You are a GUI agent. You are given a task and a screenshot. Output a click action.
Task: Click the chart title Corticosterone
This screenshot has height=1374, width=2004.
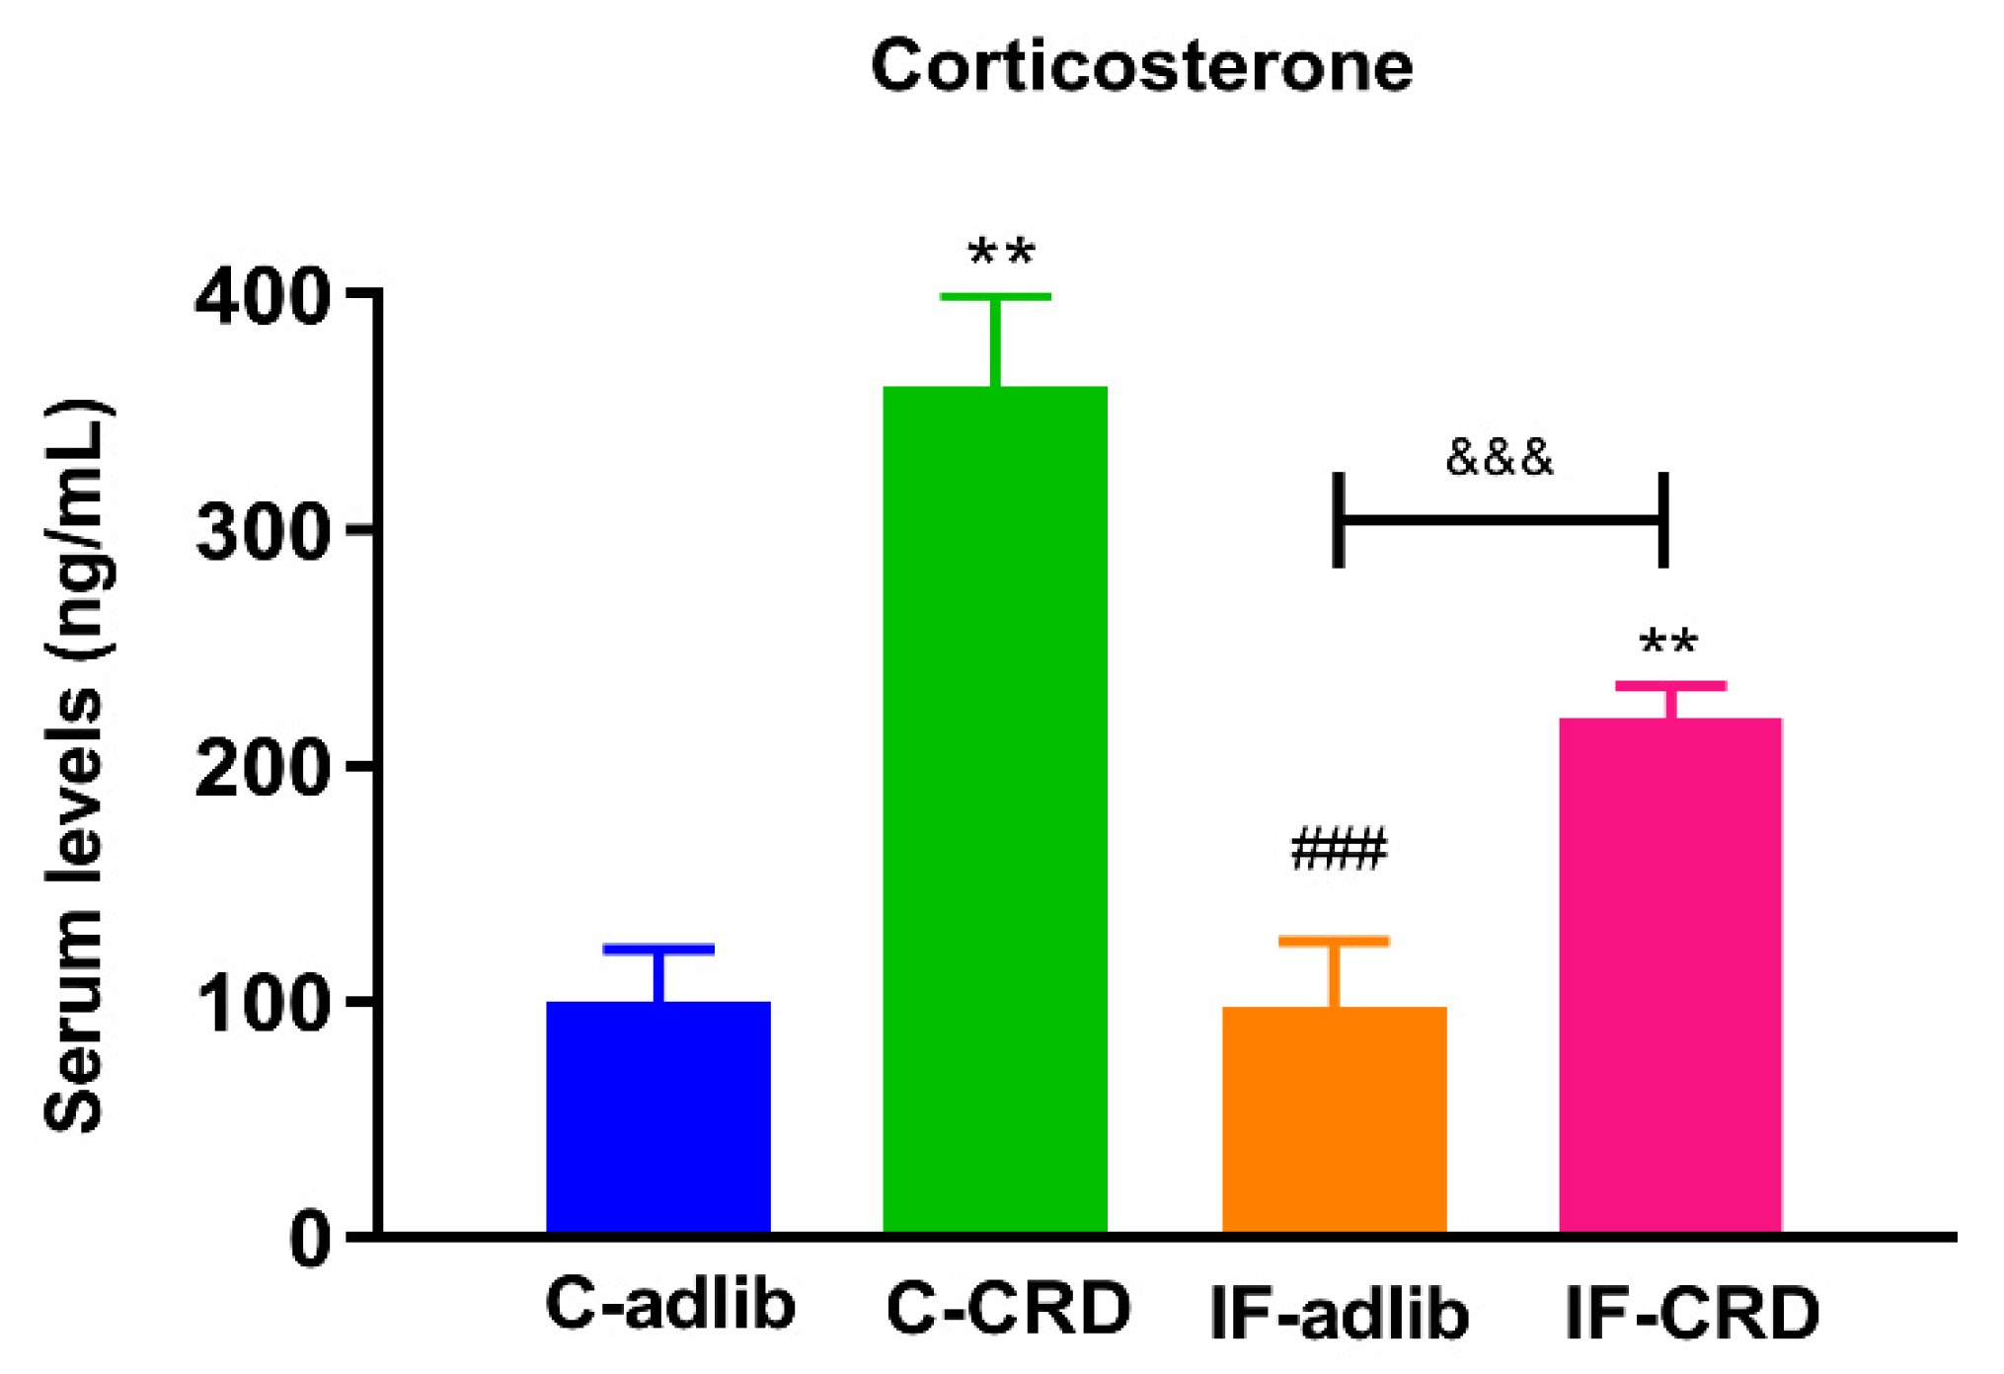[x=1141, y=66]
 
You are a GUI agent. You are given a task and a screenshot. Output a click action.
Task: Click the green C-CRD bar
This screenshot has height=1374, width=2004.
[x=995, y=809]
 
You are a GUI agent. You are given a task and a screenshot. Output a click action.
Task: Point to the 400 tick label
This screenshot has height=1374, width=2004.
[x=261, y=297]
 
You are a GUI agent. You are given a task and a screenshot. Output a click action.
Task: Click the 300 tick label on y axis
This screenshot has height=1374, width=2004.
[x=261, y=534]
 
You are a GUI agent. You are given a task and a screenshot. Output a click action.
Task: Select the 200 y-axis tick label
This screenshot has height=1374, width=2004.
[x=261, y=769]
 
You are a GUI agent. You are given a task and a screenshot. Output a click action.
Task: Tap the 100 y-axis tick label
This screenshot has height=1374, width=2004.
[x=261, y=1005]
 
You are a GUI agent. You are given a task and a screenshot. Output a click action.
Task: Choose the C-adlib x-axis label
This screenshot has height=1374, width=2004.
[x=669, y=1305]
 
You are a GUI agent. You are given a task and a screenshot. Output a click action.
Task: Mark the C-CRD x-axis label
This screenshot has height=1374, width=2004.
[x=1008, y=1309]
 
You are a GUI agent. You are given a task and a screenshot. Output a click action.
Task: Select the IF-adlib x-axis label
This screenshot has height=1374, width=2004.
[x=1339, y=1313]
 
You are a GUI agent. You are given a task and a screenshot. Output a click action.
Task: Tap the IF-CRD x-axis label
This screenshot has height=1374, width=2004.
[x=1692, y=1313]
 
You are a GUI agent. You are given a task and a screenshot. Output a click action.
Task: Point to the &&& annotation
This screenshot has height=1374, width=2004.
[x=1499, y=458]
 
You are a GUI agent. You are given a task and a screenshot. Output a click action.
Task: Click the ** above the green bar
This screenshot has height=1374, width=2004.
[x=1001, y=252]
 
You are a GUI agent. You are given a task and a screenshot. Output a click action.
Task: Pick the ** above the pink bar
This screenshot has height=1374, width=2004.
[x=1668, y=643]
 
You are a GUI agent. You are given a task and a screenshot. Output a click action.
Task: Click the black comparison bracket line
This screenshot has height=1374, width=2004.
[x=1501, y=519]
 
